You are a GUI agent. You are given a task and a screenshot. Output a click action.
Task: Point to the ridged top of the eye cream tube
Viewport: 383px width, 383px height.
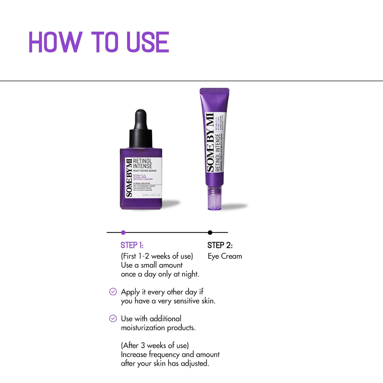[x=214, y=91]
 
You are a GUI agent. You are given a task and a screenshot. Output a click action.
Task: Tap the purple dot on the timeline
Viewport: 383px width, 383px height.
[x=123, y=232]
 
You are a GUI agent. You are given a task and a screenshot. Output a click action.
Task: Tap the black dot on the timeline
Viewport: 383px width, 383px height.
[x=210, y=232]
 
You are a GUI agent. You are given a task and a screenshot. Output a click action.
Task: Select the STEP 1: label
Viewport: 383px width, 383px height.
[x=132, y=245]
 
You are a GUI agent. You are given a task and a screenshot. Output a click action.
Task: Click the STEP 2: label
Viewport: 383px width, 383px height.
[x=220, y=245]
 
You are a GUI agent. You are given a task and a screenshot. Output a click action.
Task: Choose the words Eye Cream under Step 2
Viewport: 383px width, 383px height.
[x=225, y=256]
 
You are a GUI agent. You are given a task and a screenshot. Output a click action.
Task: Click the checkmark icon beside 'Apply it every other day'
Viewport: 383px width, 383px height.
[x=113, y=292]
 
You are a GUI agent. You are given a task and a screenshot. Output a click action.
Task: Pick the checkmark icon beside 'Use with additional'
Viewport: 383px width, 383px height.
[x=113, y=318]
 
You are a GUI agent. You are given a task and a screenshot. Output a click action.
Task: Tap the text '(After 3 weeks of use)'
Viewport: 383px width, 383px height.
[x=155, y=345]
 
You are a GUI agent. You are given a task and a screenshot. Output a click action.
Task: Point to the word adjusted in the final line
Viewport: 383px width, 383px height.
[x=195, y=363]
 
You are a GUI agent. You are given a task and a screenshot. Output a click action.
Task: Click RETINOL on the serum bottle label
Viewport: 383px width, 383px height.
[x=143, y=161]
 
